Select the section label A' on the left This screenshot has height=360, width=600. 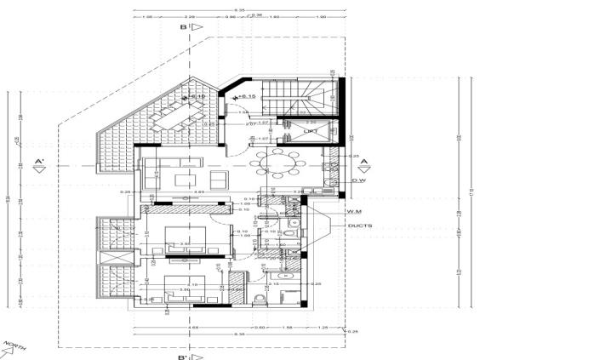[x=38, y=161]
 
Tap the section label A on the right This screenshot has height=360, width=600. [x=363, y=162]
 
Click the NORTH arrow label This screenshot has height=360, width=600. [x=14, y=347]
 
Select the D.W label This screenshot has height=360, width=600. [x=357, y=180]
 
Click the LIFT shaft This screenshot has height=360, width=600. [x=311, y=131]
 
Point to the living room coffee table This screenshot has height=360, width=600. [x=186, y=179]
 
